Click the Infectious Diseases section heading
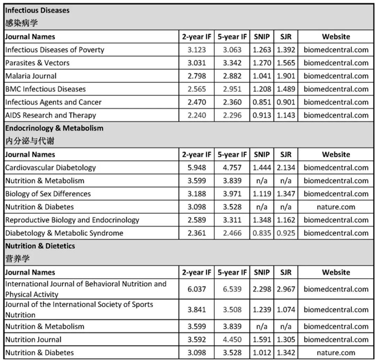pyautogui.click(x=37, y=11)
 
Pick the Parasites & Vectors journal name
pyautogui.click(x=37, y=63)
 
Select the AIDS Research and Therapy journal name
pyautogui.click(x=51, y=115)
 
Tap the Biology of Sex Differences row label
pyautogui.click(x=48, y=194)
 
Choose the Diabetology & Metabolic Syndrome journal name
pyautogui.click(x=64, y=233)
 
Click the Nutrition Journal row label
pyautogui.click(x=34, y=339)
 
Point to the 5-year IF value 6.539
pyautogui.click(x=231, y=289)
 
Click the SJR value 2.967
pyautogui.click(x=286, y=289)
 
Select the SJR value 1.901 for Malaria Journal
pyautogui.click(x=286, y=76)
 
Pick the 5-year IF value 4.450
pyautogui.click(x=231, y=339)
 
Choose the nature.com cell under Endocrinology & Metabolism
pyautogui.click(x=336, y=207)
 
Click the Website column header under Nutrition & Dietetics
pyautogui.click(x=336, y=272)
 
